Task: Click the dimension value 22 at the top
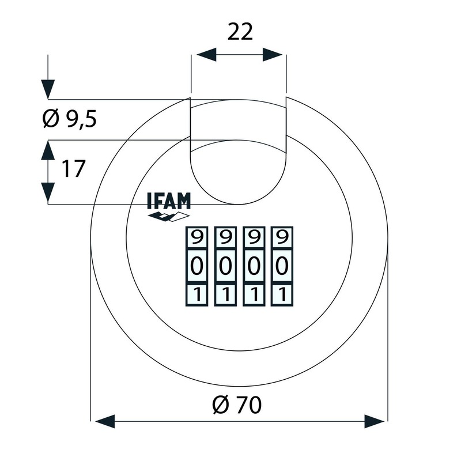pos(240,32)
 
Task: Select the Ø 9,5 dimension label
pos(70,119)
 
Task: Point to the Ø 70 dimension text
pos(236,405)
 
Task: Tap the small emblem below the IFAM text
pos(168,217)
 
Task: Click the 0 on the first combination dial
pos(197,266)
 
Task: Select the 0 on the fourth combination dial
pos(281,266)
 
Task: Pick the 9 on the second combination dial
pos(225,237)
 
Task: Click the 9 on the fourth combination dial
pos(281,237)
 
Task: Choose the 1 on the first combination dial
pos(197,294)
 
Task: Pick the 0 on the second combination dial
pos(225,266)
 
